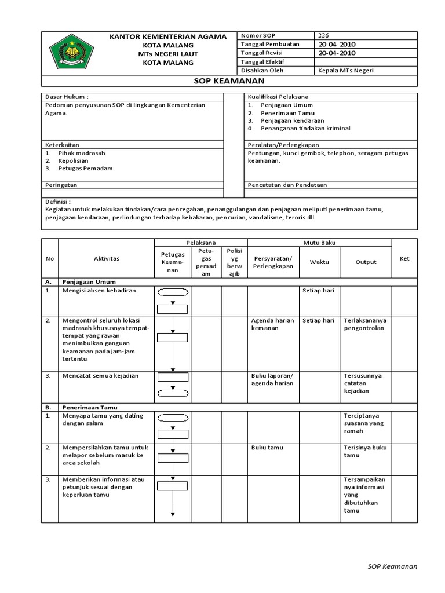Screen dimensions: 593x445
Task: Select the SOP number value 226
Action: click(324, 35)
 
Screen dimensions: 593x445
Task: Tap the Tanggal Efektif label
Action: click(262, 61)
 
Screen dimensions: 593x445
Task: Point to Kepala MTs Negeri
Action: click(346, 71)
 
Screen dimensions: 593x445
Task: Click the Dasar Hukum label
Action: click(67, 97)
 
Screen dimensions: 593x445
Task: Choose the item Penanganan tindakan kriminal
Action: click(305, 128)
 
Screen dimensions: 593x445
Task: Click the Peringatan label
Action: click(61, 185)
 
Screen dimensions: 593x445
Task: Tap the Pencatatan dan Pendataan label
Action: click(287, 185)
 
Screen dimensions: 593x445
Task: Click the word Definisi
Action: click(57, 202)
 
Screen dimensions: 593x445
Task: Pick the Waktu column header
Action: click(319, 262)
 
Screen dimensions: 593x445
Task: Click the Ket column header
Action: click(404, 259)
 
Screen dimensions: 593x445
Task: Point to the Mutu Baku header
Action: click(319, 243)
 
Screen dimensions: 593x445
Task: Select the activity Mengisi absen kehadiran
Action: click(99, 290)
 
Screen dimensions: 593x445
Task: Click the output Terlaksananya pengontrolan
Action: click(366, 324)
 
